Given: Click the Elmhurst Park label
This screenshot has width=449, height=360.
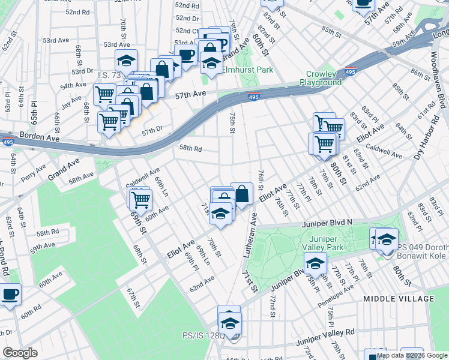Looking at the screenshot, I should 248,70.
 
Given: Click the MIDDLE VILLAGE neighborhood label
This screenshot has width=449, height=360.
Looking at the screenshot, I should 399,298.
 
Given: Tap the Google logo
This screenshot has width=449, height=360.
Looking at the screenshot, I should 20,353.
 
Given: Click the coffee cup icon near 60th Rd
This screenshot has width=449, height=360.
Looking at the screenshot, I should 10,295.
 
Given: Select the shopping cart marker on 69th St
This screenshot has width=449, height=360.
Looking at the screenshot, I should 140,198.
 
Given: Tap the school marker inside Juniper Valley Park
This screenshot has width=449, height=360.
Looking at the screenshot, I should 315,263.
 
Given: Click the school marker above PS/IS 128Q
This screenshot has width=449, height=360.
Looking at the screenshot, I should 229,323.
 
